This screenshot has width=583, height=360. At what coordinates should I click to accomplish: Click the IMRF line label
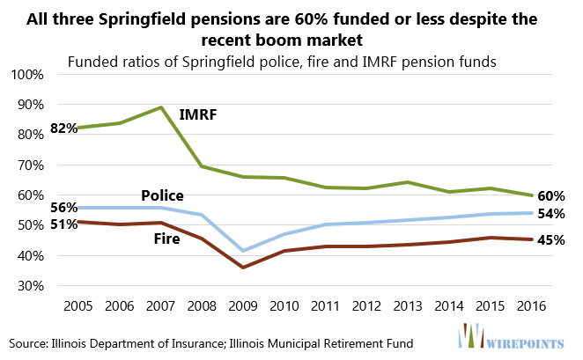198,114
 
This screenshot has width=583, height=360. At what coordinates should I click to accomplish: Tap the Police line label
163,195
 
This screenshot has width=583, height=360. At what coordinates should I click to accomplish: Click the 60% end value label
550,195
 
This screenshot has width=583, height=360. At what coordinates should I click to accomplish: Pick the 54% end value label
550,214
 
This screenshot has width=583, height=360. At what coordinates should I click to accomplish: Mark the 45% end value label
550,239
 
